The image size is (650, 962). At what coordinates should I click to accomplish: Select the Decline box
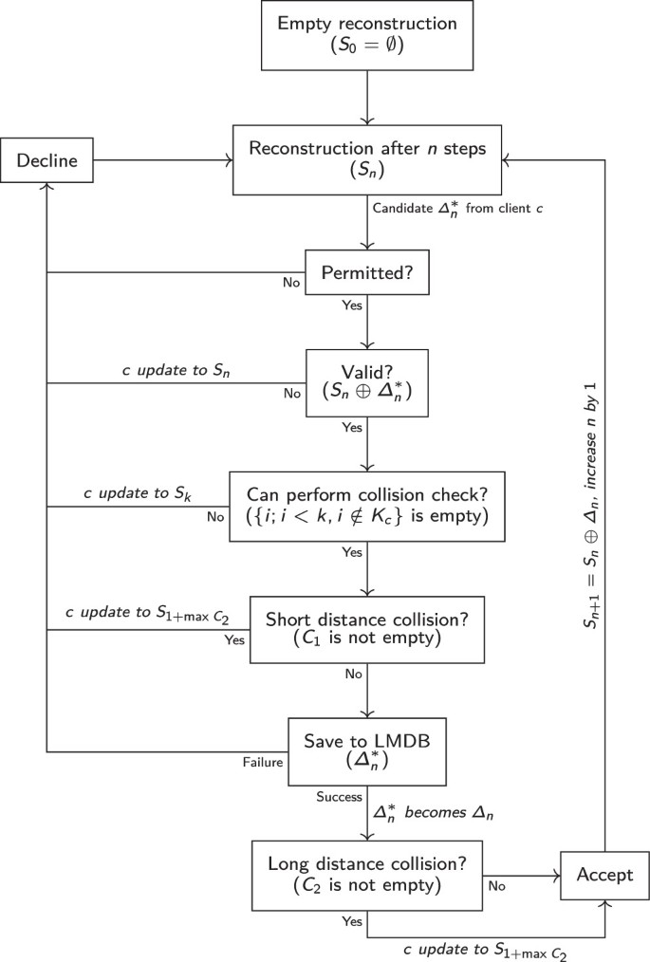pyautogui.click(x=46, y=162)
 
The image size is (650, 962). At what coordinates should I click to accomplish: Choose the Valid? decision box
pyautogui.click(x=366, y=382)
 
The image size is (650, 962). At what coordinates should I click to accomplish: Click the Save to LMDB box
pyautogui.click(x=366, y=750)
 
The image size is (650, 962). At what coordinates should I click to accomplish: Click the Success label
pyautogui.click(x=336, y=797)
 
